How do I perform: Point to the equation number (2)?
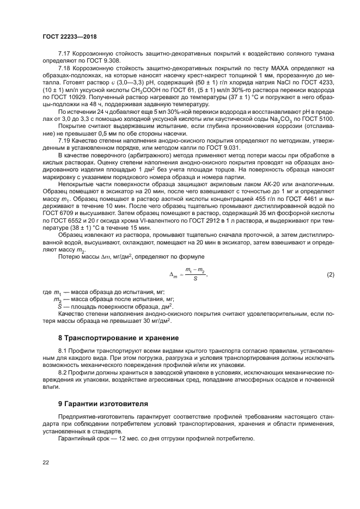coord(330,274)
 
